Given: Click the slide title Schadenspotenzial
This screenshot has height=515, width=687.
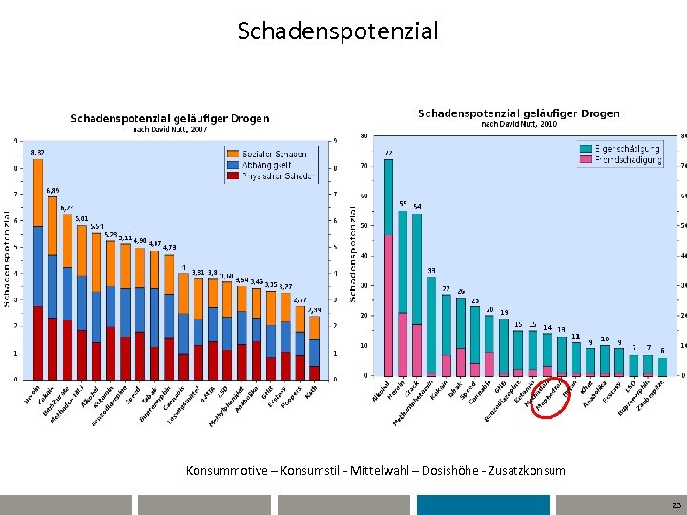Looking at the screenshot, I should coord(338,31).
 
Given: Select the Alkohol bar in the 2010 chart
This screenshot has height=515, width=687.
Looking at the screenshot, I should coord(388,267).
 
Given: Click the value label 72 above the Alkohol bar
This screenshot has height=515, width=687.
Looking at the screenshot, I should coord(388,153).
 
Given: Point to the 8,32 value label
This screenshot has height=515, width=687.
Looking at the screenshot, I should coord(37,153).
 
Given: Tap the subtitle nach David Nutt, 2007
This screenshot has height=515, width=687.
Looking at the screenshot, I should coord(169,128).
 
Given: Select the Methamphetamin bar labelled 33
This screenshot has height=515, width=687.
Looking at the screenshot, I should coord(431,324).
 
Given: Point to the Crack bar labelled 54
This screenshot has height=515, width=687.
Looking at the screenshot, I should coord(417,296).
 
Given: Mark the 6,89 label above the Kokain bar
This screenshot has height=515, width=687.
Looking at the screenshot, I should coord(52,191).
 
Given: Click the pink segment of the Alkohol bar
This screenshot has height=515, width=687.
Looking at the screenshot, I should coord(388,305).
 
